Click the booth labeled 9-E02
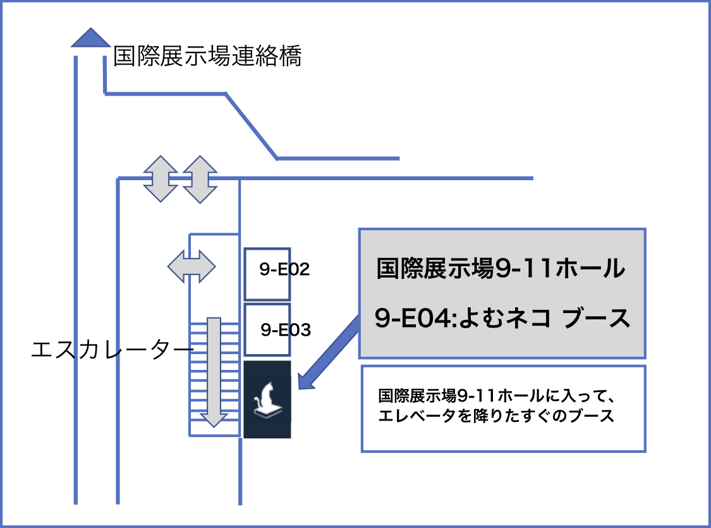tap(267, 274)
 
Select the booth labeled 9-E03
tap(267, 330)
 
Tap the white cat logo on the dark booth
tap(268, 400)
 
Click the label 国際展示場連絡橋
tap(207, 56)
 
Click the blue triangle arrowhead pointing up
tap(90, 38)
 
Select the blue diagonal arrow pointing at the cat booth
tap(329, 353)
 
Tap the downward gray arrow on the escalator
tap(214, 372)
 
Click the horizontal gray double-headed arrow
tap(191, 266)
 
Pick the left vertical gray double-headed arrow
tap(161, 179)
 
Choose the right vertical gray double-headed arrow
tap(200, 179)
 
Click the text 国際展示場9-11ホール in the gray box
tap(501, 267)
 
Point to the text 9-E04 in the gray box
tap(413, 317)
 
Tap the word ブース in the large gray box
tap(596, 317)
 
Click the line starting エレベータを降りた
tap(496, 415)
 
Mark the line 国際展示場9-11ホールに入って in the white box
tap(496, 396)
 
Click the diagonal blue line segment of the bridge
tap(251, 126)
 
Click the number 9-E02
tap(284, 269)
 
